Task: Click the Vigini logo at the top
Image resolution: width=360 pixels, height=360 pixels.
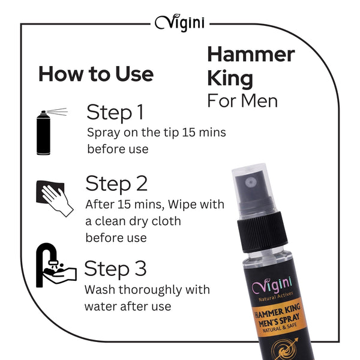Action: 180,23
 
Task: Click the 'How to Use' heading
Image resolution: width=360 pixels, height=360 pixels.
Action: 96,74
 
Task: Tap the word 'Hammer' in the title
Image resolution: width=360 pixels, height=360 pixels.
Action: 251,54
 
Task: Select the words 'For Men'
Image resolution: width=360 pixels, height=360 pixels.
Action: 242,101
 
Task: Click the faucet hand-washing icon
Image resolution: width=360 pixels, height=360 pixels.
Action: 56,265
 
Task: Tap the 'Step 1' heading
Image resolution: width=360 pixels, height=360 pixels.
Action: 115,112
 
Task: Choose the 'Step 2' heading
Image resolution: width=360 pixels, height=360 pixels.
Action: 116,184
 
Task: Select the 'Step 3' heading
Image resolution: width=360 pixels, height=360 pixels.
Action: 115,269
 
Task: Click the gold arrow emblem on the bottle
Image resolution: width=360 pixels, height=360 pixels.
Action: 286,349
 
